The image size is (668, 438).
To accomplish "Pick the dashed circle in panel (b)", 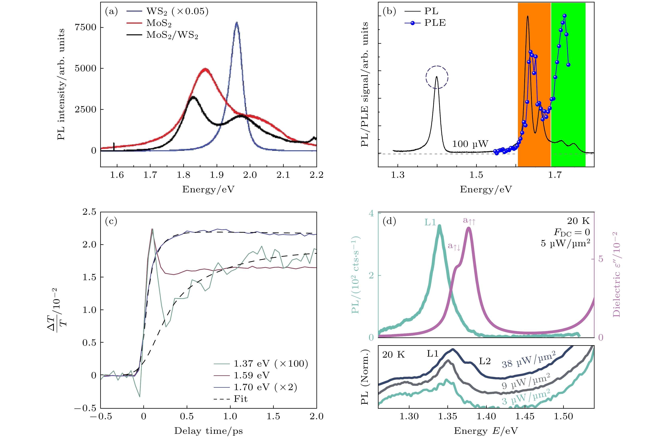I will pyautogui.click(x=437, y=77).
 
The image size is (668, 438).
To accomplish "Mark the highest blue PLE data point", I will pyautogui.click(x=564, y=16).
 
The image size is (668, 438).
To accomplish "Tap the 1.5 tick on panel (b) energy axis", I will pyautogui.click(x=476, y=175).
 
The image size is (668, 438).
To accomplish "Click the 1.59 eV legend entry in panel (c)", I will pyautogui.click(x=252, y=375).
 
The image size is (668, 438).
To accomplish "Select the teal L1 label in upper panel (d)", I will pyautogui.click(x=430, y=222).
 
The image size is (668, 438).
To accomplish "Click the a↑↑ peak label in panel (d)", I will pyautogui.click(x=469, y=221).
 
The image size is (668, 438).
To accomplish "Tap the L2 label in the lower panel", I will pyautogui.click(x=485, y=361).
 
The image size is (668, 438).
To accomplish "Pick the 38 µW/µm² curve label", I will pyautogui.click(x=528, y=360).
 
